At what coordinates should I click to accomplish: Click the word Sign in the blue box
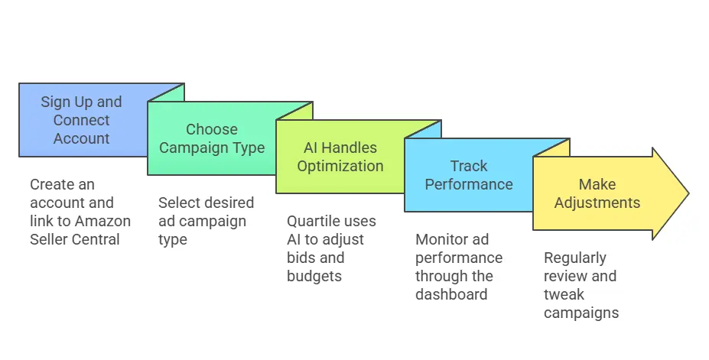pos(50,102)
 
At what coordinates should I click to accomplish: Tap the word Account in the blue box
pos(81,138)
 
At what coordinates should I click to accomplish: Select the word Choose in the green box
pos(212,129)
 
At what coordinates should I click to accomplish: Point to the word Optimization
pos(340,166)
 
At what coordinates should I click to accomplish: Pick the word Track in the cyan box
pos(469,166)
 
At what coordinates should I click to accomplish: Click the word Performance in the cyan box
pos(469,184)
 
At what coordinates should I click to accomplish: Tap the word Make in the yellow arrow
pos(597,184)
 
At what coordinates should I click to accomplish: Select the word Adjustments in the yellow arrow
pos(597,203)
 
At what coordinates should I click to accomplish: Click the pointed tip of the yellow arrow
pos(688,193)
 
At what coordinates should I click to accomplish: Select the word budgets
pos(314,277)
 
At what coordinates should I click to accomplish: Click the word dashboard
pos(451,294)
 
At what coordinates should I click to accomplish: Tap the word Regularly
pos(575,258)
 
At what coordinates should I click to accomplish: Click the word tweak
pos(564,294)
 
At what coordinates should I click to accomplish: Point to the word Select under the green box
pos(179,203)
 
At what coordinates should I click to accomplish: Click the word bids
pos(301,258)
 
